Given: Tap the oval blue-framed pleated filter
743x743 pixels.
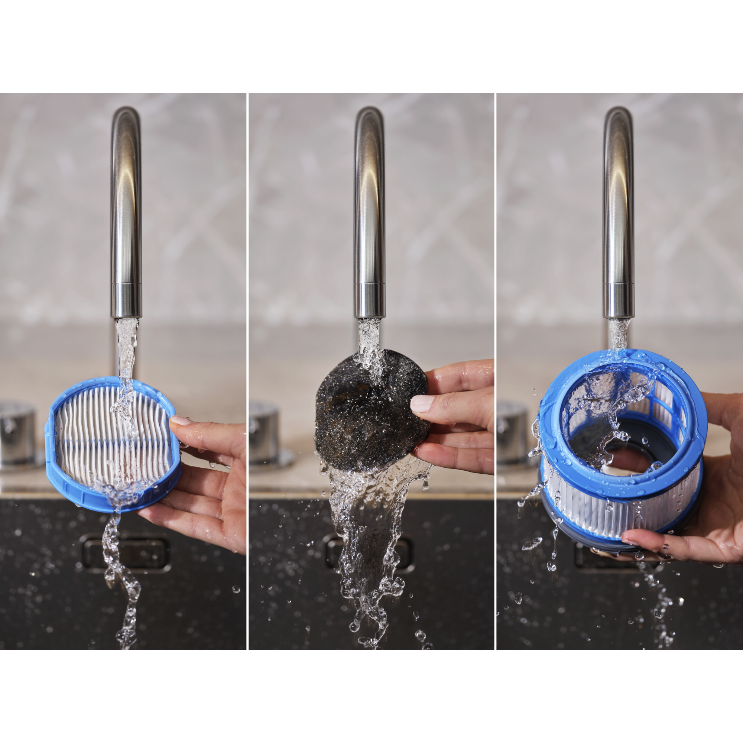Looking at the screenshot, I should click(113, 442).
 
